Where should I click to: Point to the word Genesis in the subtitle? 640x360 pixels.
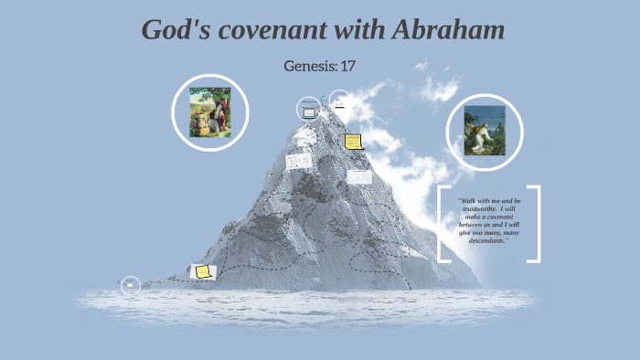(310, 66)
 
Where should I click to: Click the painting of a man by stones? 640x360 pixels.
(210, 112)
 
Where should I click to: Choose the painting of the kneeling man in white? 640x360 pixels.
(484, 132)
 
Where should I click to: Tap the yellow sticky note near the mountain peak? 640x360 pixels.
(354, 143)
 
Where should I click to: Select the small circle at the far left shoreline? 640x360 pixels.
(131, 285)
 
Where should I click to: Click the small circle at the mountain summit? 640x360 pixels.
(339, 100)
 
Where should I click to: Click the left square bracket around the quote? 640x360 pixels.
(443, 224)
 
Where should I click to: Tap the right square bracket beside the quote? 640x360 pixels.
(535, 224)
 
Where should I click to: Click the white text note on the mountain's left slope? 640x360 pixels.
(299, 161)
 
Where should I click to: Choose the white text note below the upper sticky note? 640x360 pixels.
(359, 175)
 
